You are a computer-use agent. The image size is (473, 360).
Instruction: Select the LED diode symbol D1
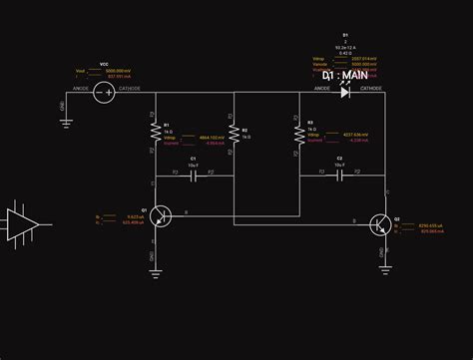pyautogui.click(x=344, y=92)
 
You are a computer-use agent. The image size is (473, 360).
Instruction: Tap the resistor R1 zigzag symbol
pyautogui.click(x=154, y=132)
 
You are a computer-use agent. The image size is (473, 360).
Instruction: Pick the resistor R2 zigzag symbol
pyautogui.click(x=234, y=132)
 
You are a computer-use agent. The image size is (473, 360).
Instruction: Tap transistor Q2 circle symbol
pyautogui.click(x=380, y=225)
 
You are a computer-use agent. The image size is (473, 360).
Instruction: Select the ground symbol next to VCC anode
pyautogui.click(x=66, y=121)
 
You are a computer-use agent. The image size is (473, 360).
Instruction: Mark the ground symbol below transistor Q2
pyautogui.click(x=385, y=266)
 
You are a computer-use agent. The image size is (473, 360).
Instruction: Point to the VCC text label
pyautogui.click(x=105, y=63)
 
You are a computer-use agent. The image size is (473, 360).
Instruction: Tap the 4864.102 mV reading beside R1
pyautogui.click(x=212, y=137)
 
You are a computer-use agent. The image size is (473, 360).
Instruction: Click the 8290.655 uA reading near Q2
pyautogui.click(x=430, y=226)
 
